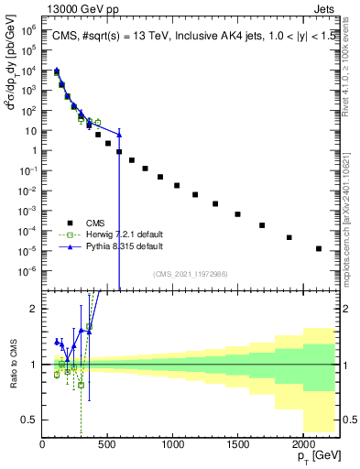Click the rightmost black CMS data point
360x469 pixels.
(x=318, y=248)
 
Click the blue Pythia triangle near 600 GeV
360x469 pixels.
(x=119, y=135)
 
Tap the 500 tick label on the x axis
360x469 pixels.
(x=107, y=444)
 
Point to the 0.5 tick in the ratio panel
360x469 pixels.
(x=31, y=420)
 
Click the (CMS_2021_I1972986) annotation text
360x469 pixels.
(x=191, y=273)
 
